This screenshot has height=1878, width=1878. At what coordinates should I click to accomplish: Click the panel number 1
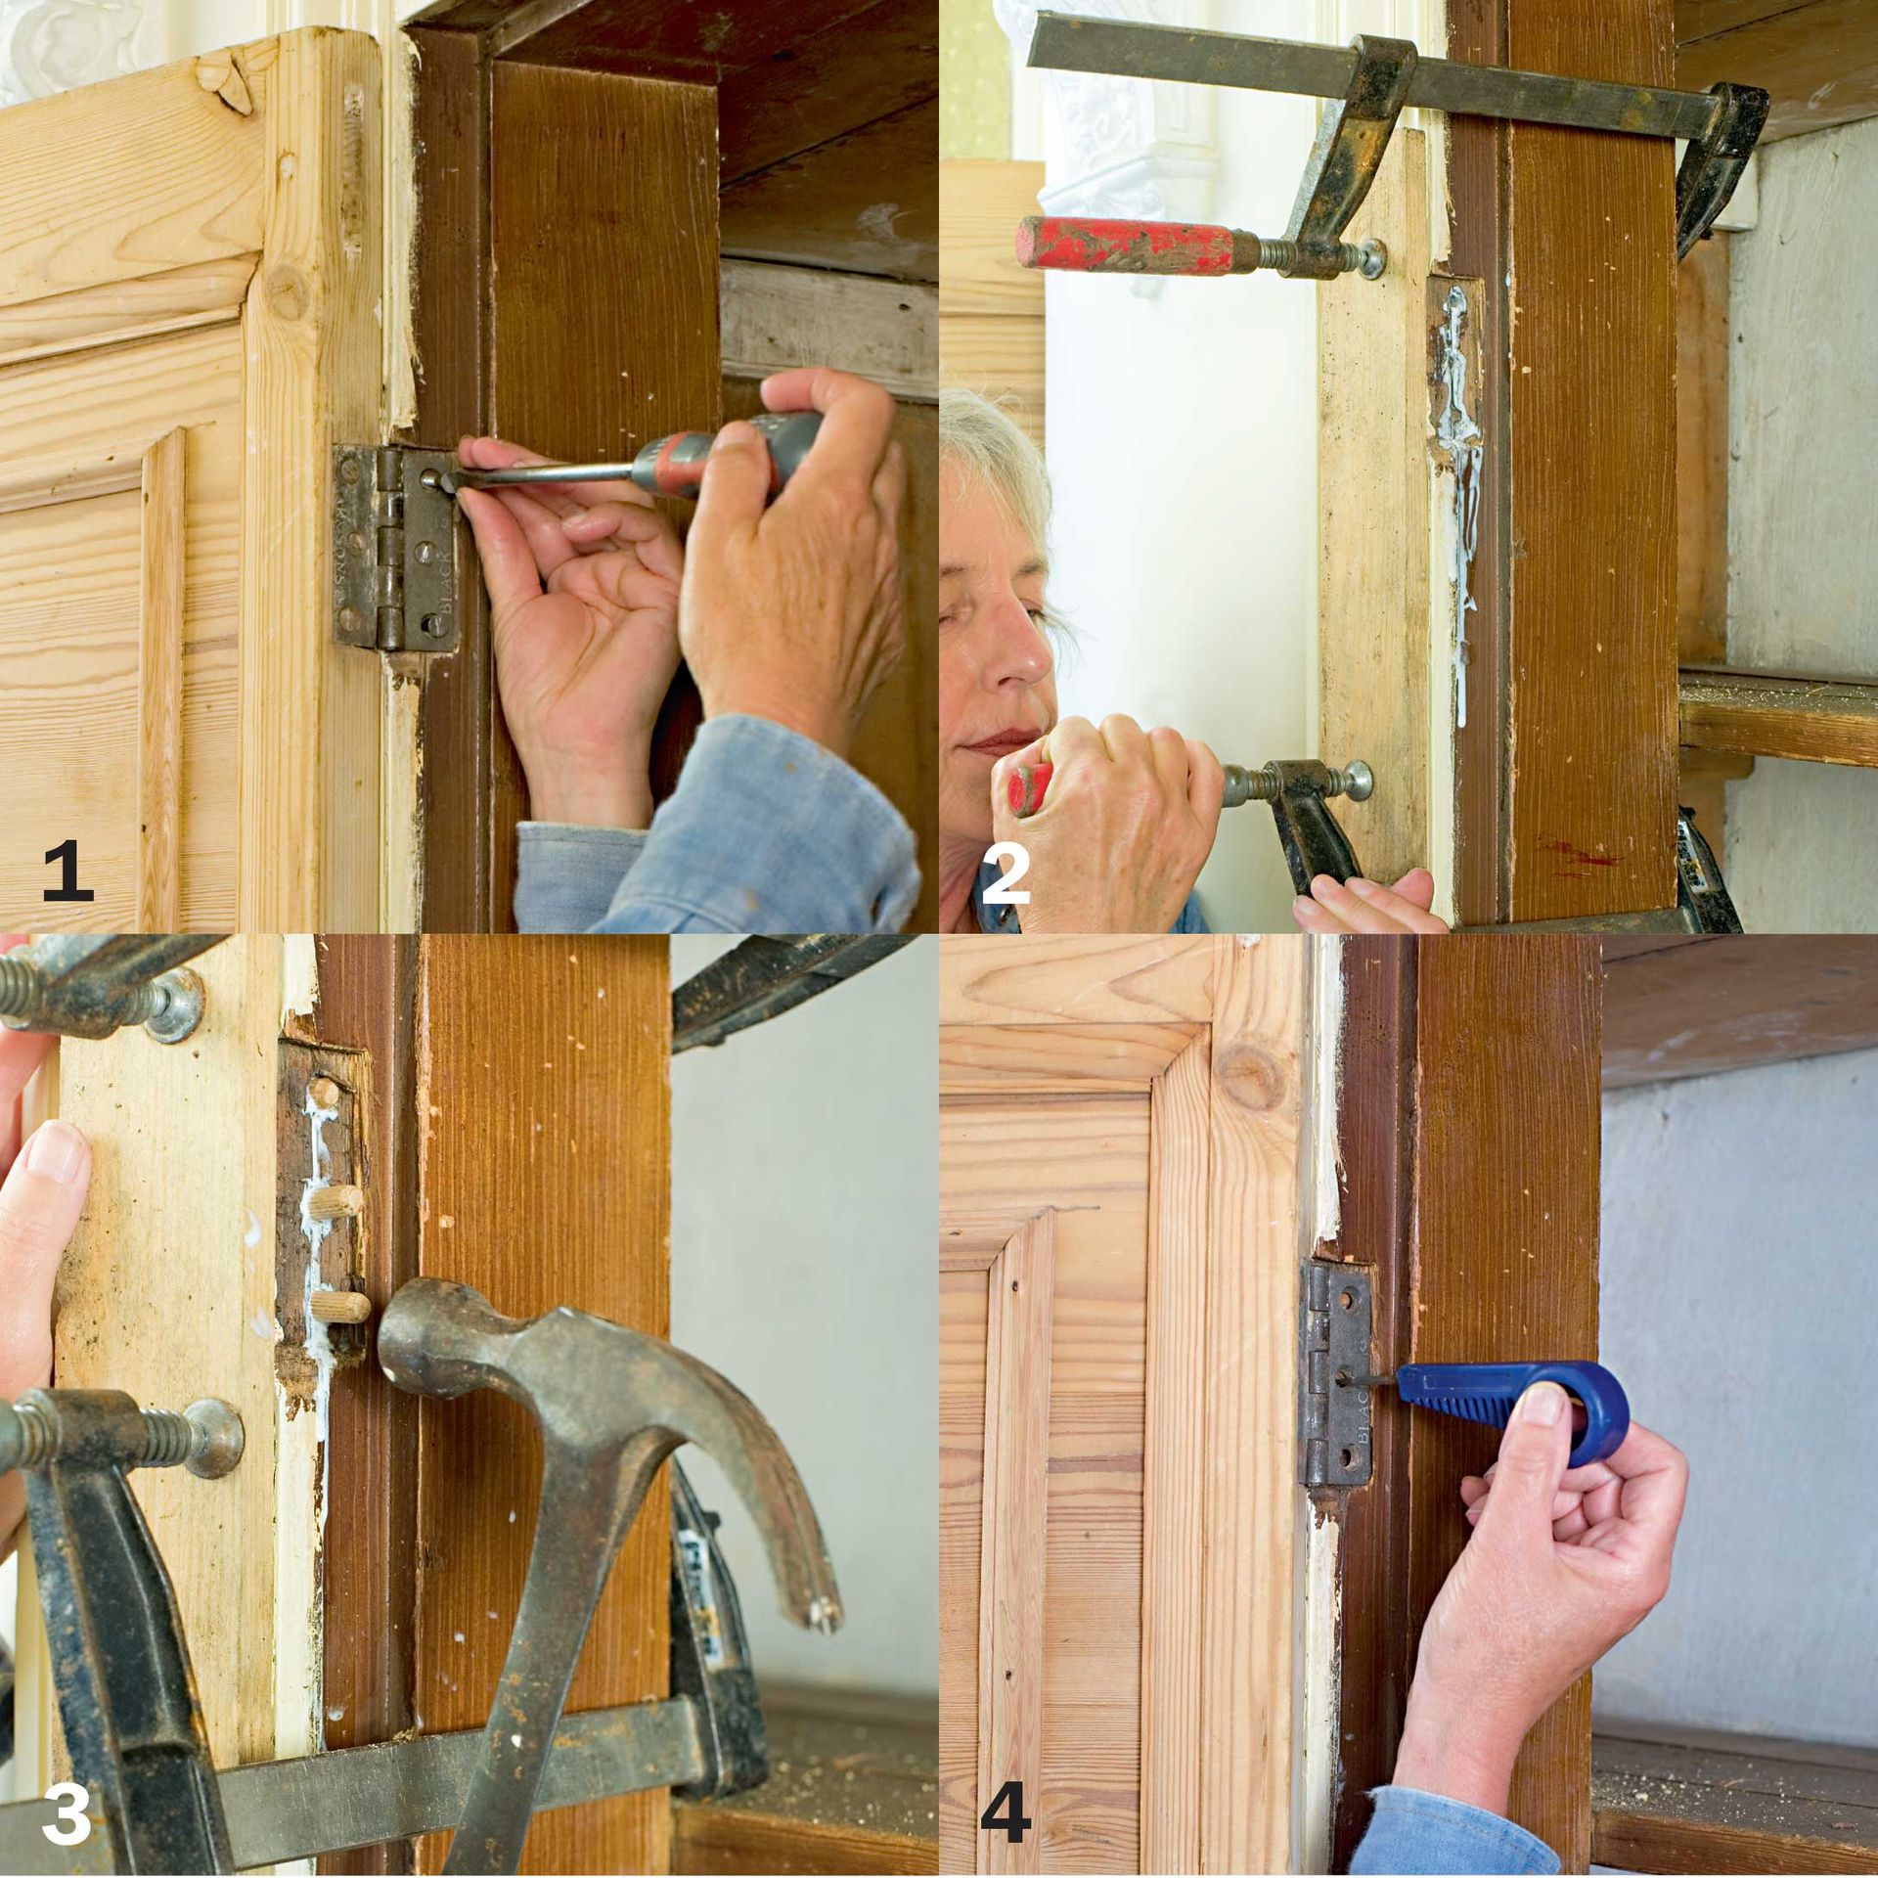pyautogui.click(x=67, y=874)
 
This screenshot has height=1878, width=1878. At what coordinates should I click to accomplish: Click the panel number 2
pyautogui.click(x=1005, y=874)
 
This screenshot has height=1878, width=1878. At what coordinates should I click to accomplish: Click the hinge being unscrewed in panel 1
pyautogui.click(x=395, y=548)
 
